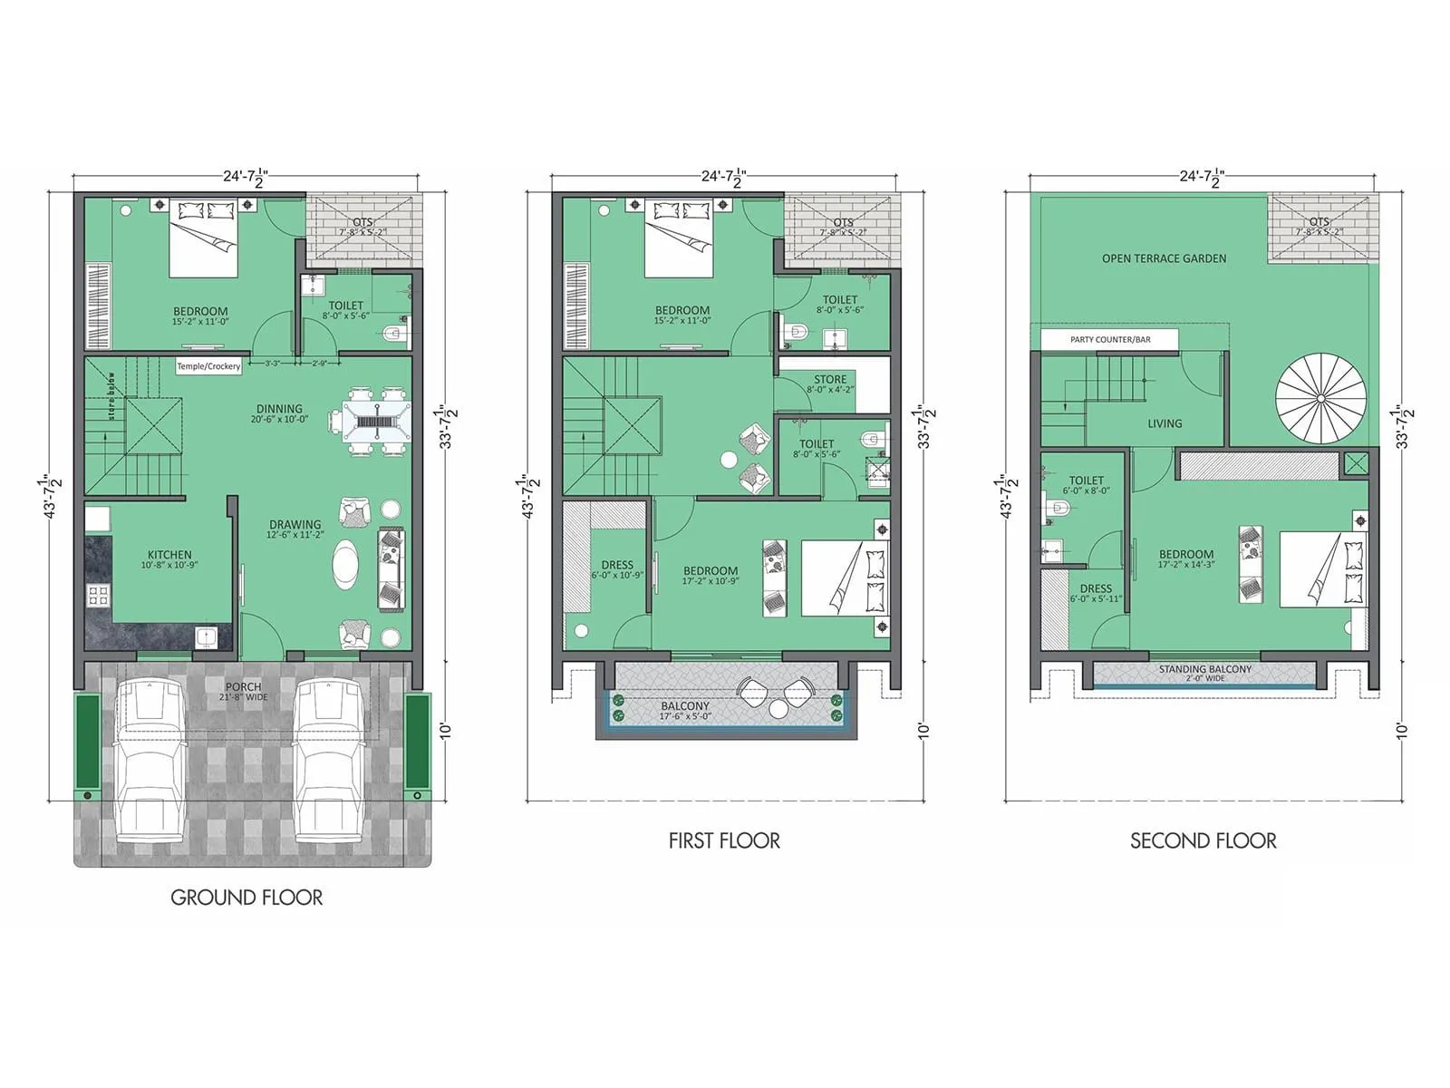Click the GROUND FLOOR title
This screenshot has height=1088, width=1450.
pos(246,898)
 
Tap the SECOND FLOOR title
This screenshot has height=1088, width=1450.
pos(1203,841)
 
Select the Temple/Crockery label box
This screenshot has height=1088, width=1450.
pos(208,366)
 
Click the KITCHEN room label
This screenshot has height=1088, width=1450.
pos(169,555)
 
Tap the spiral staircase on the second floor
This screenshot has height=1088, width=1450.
pos(1320,397)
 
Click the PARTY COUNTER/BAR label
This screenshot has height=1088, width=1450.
pos(1109,340)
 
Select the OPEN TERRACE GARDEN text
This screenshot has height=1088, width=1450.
pos(1164,258)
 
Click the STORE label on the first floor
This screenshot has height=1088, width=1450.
pos(830,380)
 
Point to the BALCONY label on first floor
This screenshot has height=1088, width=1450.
pos(685,706)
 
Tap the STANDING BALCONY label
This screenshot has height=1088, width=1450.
pos(1204,670)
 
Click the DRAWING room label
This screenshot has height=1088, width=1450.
pos(295,525)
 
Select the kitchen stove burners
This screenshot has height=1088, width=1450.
pos(98,596)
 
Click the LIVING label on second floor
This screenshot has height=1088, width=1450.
pos(1165,423)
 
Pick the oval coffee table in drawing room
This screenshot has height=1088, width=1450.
pos(345,564)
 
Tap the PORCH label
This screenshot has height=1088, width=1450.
pos(243,687)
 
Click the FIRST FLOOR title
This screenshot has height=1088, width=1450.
pos(724,841)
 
